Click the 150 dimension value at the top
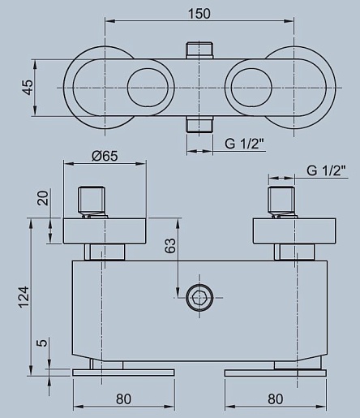[x=199, y=14]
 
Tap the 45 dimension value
[x=28, y=88]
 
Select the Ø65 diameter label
[x=105, y=156]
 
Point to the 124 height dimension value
[x=24, y=297]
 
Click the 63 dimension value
[x=170, y=246]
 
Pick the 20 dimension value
[x=43, y=198]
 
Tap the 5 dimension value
[x=43, y=343]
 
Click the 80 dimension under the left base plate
[x=123, y=399]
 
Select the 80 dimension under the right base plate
[x=276, y=399]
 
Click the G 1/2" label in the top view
[x=244, y=144]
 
